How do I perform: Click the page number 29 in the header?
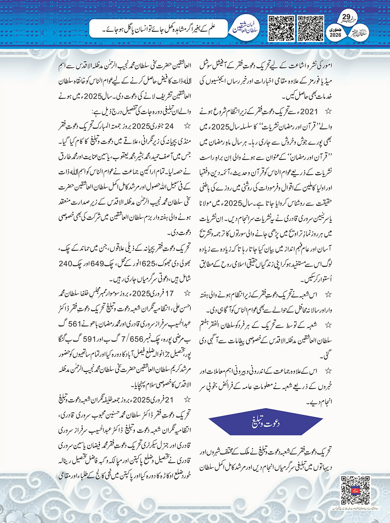pos(346,17)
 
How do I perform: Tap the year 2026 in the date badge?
pos(336,35)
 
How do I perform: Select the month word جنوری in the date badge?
pos(336,29)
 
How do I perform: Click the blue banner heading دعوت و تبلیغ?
pos(266,423)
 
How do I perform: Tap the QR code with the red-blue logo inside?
pos(355,490)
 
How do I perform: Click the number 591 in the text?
pos(90,339)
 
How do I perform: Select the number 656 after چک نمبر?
pos(137,339)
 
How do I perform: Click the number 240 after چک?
pos(65,263)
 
